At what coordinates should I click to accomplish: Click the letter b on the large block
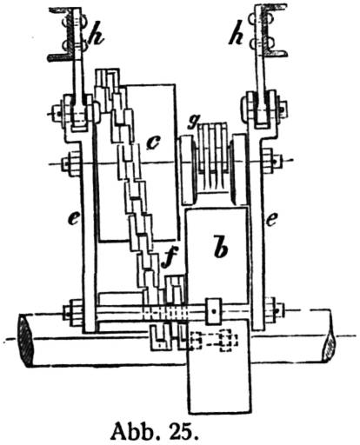221,247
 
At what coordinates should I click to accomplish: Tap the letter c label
154,143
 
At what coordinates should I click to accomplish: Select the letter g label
191,123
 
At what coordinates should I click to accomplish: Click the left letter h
96,37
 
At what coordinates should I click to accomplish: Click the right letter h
237,37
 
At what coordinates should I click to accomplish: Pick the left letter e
73,219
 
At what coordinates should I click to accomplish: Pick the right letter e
271,220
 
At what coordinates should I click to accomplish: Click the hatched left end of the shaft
26,340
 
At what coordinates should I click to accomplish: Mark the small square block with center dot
214,311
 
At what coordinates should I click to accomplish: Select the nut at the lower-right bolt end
274,311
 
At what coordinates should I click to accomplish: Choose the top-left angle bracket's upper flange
60,10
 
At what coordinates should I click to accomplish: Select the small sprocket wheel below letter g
212,156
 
